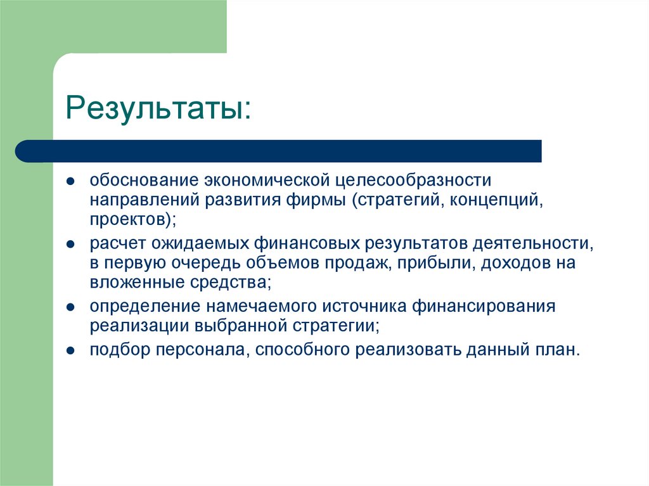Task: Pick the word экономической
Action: (x=267, y=181)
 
